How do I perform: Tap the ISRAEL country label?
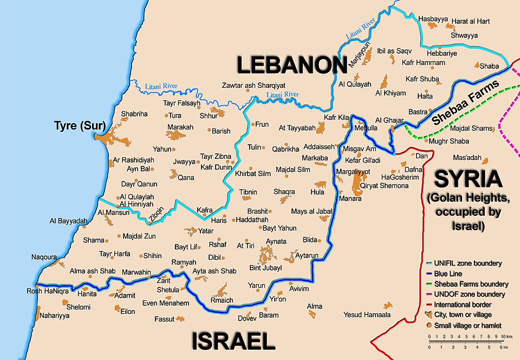coord(233,342)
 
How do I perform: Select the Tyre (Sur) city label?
coord(79,126)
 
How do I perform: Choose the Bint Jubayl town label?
coord(265,267)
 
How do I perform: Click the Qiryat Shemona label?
coord(384,186)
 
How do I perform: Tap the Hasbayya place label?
coord(433,19)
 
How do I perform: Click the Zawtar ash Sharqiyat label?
coord(253,86)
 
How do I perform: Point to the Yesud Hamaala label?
coord(367,314)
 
